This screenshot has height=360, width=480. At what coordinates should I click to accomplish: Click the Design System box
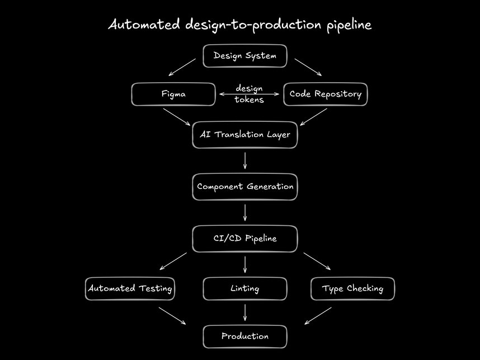click(x=244, y=56)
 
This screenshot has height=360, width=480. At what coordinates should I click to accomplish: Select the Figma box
click(x=173, y=94)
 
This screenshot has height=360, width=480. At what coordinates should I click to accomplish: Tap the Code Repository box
click(x=325, y=94)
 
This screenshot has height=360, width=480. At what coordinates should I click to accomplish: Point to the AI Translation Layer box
click(x=244, y=135)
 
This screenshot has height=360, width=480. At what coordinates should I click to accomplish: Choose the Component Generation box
click(x=244, y=187)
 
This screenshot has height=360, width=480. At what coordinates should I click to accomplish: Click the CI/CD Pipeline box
click(x=244, y=239)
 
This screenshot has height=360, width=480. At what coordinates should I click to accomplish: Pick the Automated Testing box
click(x=130, y=289)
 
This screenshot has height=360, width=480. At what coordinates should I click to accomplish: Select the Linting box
click(x=244, y=289)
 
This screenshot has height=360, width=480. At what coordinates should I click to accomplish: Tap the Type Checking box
click(x=352, y=289)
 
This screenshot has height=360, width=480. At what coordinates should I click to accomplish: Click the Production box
click(x=244, y=337)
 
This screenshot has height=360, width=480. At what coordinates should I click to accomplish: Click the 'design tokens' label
click(x=249, y=94)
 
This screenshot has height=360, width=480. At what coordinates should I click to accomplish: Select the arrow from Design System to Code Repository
click(x=308, y=67)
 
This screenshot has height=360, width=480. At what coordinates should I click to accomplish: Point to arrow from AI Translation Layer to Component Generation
click(x=245, y=160)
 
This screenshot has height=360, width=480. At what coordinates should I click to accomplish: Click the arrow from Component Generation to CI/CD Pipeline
click(x=245, y=212)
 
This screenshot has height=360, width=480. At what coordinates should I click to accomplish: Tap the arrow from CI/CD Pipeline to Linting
click(x=245, y=264)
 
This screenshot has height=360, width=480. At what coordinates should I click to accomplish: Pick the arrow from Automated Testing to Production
click(x=172, y=315)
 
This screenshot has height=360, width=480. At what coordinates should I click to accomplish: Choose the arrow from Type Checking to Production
click(x=318, y=315)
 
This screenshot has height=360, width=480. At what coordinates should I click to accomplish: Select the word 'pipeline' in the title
click(x=349, y=26)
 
